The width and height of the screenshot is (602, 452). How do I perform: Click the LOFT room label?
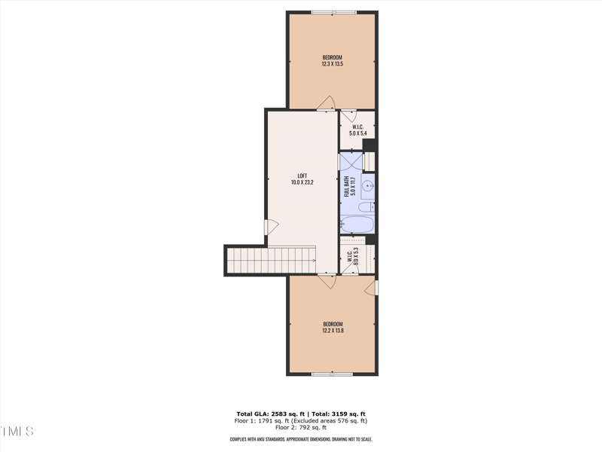302,176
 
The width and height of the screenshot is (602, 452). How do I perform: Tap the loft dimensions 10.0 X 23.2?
302,182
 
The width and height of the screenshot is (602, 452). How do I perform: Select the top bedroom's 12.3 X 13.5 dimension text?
332,64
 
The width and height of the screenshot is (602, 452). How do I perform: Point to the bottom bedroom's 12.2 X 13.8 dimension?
332,330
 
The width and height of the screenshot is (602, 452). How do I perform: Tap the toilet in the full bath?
365,207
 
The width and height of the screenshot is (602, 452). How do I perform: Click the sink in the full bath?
368,185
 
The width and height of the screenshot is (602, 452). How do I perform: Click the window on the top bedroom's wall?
333,11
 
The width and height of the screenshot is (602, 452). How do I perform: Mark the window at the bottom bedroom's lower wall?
332,374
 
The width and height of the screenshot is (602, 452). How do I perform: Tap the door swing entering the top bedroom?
326,102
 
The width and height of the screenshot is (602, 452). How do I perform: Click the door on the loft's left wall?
271,226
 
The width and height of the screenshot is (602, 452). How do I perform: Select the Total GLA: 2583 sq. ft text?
269,414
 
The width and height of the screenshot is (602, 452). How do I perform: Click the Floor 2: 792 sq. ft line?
301,427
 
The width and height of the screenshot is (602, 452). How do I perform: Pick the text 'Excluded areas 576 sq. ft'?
331,421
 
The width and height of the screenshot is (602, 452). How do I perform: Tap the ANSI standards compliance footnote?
301,439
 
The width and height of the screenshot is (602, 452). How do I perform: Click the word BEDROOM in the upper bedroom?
332,58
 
